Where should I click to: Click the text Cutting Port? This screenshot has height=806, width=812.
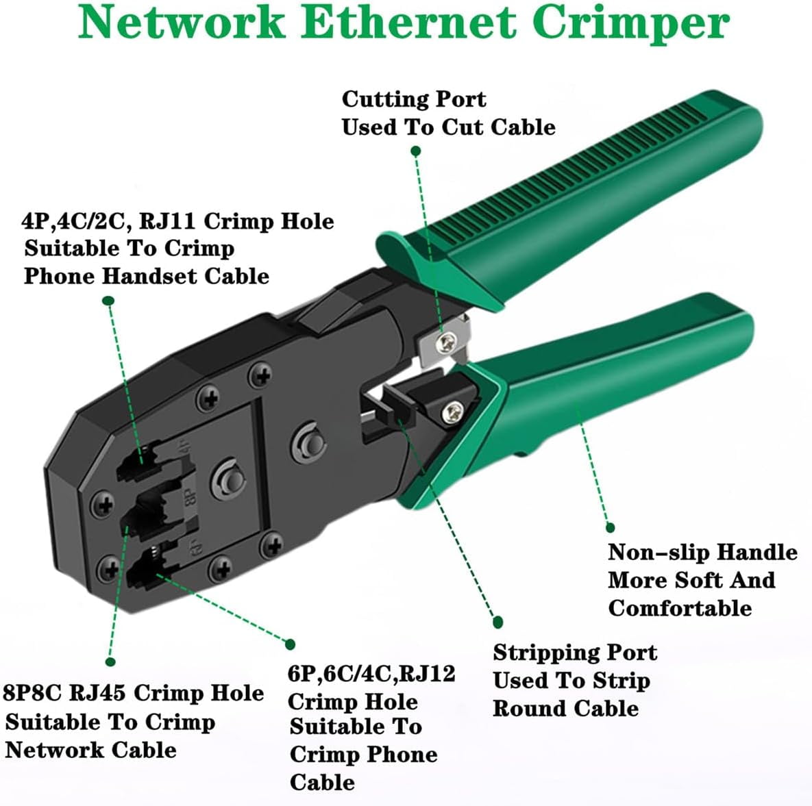pyautogui.click(x=414, y=99)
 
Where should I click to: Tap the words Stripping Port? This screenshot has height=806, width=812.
pyautogui.click(x=574, y=653)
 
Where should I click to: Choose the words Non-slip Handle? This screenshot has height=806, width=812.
pyautogui.click(x=702, y=553)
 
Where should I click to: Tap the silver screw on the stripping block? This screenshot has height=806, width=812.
pyautogui.click(x=452, y=412)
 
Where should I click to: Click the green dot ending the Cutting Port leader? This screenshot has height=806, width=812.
pyautogui.click(x=416, y=151)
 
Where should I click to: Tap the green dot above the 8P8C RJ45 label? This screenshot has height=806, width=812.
pyautogui.click(x=110, y=662)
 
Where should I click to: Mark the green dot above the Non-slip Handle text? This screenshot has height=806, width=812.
pyautogui.click(x=610, y=527)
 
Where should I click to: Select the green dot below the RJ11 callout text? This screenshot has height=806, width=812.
pyautogui.click(x=108, y=300)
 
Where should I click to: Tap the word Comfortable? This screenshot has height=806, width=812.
pyautogui.click(x=679, y=608)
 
